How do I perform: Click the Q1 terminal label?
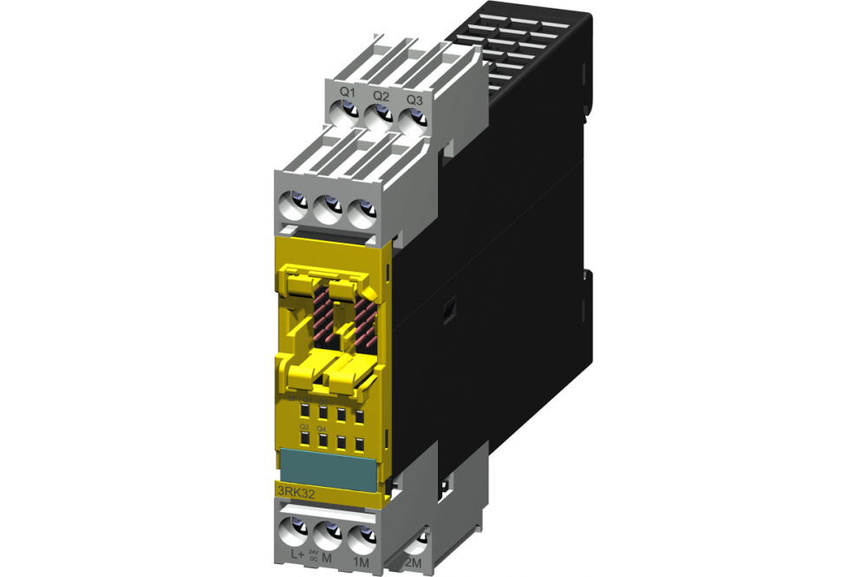347,93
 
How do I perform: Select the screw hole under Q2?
379,115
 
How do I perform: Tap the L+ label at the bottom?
296,552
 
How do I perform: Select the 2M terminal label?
415,564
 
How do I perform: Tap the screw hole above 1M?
362,530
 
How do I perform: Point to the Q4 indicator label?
322,429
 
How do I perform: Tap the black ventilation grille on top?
520,52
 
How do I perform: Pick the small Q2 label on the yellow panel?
304,428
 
